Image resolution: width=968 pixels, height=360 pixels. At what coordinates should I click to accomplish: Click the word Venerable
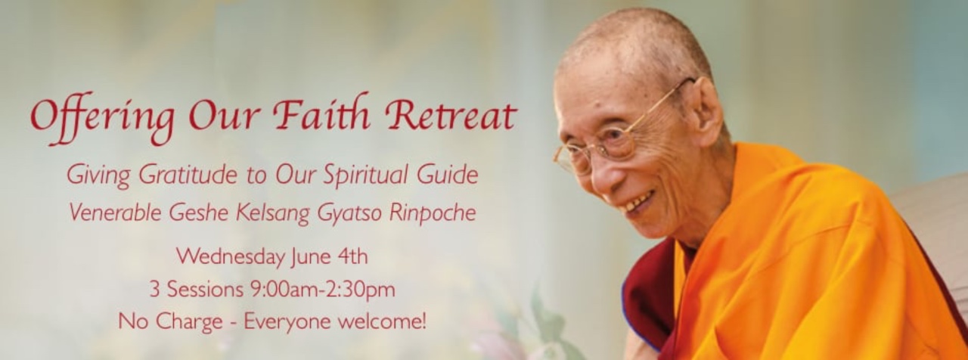pyautogui.click(x=116, y=213)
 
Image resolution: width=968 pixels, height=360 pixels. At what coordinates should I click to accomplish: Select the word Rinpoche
pyautogui.click(x=433, y=213)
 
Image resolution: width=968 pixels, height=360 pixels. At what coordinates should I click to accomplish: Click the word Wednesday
pyautogui.click(x=231, y=256)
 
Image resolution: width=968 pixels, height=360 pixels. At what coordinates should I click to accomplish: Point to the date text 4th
pyautogui.click(x=352, y=256)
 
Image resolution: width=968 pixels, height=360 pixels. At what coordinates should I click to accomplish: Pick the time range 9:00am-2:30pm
pyautogui.click(x=323, y=289)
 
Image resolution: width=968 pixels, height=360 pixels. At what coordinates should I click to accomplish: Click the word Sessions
pyautogui.click(x=205, y=289)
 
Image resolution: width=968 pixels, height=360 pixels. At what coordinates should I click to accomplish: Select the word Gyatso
pyautogui.click(x=349, y=213)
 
